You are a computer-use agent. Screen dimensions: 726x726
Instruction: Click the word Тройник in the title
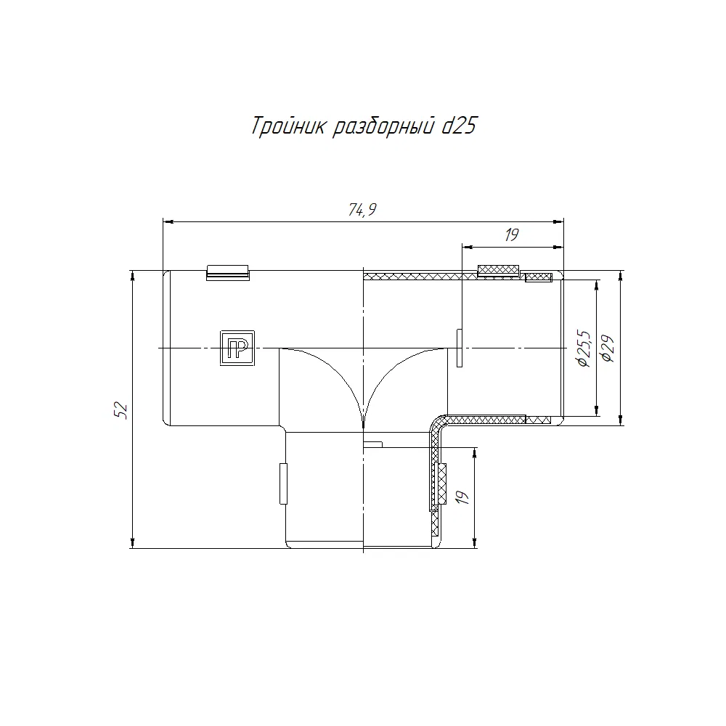click(x=287, y=126)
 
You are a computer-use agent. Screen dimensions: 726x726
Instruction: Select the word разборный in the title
click(x=384, y=126)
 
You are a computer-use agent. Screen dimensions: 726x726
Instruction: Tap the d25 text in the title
click(x=459, y=125)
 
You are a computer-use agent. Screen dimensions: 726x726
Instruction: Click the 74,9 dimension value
click(x=362, y=210)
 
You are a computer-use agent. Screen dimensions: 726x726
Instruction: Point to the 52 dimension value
click(x=121, y=410)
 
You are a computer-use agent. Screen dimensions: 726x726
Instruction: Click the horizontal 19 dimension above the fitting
click(x=512, y=235)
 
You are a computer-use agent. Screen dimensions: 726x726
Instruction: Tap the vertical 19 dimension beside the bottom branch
click(x=462, y=497)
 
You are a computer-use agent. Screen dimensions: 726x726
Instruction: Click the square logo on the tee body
click(x=237, y=348)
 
